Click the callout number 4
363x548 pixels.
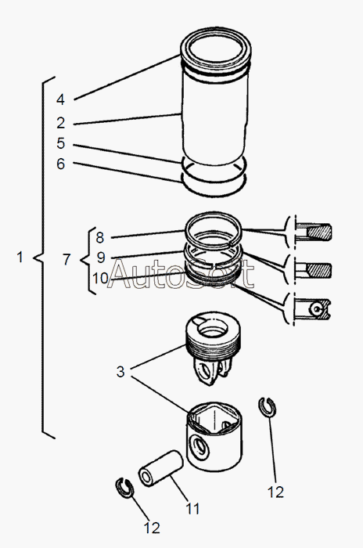click(x=60, y=99)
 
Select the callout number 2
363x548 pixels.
click(x=61, y=123)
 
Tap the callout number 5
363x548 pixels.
click(x=61, y=143)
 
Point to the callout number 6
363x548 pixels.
click(x=61, y=164)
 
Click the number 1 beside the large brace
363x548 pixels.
click(x=20, y=258)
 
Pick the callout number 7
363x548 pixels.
click(x=66, y=260)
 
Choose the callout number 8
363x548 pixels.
click(x=100, y=238)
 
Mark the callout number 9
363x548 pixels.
click(x=101, y=258)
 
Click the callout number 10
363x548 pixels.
click(x=100, y=279)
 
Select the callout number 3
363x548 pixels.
click(x=120, y=372)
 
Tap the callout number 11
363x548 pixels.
click(x=192, y=509)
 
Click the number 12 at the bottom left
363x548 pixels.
click(x=152, y=528)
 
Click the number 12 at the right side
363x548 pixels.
click(x=275, y=492)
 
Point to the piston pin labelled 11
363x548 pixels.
click(x=160, y=468)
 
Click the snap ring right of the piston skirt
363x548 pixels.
click(x=268, y=408)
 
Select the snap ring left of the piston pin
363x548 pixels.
click(x=124, y=488)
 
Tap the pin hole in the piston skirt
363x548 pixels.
click(x=200, y=448)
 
